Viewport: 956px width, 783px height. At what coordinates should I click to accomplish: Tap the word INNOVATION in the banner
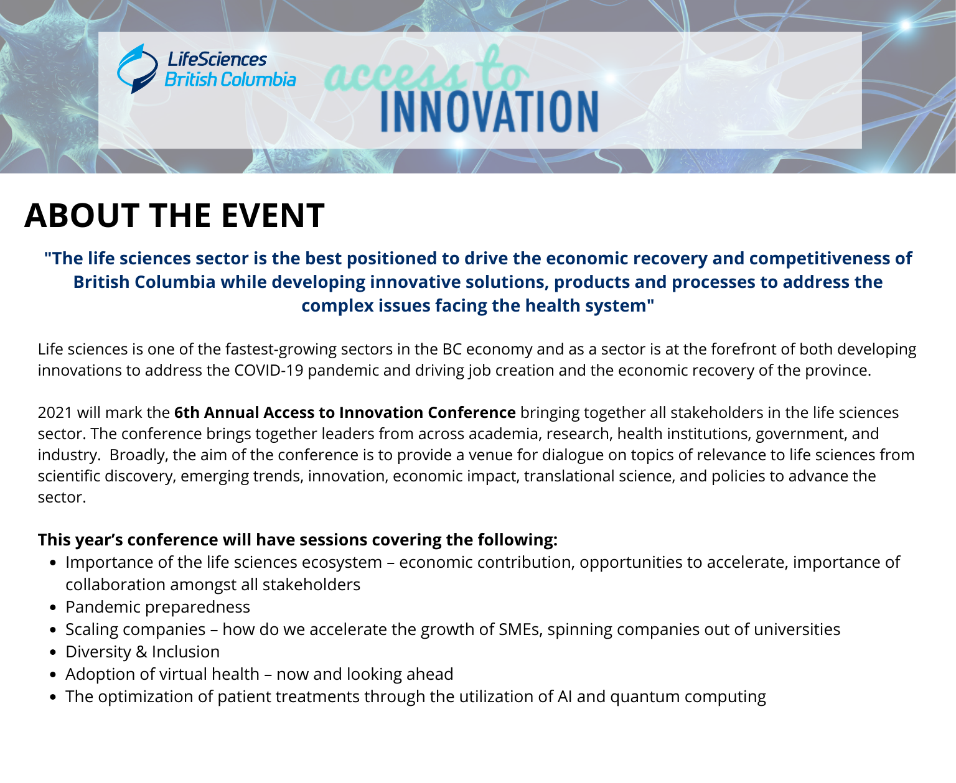[x=490, y=111]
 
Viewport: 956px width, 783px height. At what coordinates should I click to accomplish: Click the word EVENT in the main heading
[x=273, y=215]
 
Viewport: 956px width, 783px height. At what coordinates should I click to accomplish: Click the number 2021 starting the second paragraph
[x=55, y=412]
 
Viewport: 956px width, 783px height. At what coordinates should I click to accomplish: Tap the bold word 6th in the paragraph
[x=187, y=412]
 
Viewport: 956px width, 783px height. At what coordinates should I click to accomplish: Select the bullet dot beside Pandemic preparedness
[x=54, y=608]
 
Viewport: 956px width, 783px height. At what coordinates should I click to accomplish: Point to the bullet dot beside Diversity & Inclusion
[x=54, y=652]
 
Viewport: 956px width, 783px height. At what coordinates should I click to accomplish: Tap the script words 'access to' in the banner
[x=426, y=70]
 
